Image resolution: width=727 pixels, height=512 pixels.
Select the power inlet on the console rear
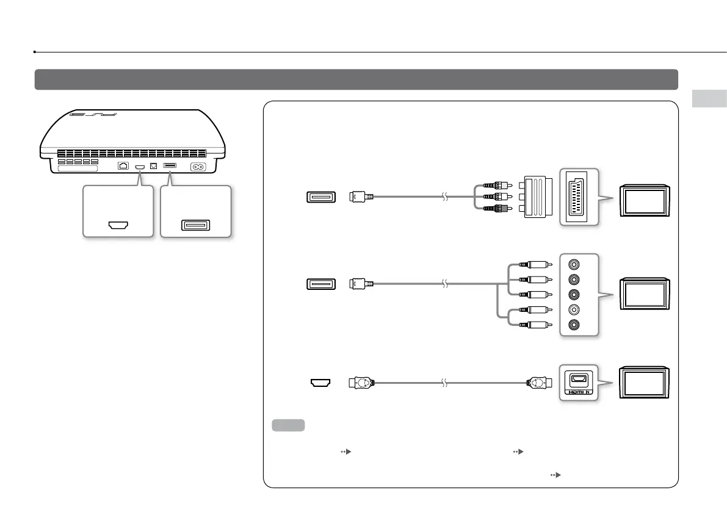pyautogui.click(x=199, y=167)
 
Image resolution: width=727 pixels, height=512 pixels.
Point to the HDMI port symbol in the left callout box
pyautogui.click(x=117, y=225)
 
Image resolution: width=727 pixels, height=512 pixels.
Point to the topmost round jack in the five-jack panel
pyautogui.click(x=574, y=265)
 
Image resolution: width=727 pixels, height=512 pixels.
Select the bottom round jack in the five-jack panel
pyautogui.click(x=574, y=325)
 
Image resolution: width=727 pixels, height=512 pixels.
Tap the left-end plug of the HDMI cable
pyautogui.click(x=360, y=383)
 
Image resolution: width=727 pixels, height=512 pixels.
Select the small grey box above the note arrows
pyautogui.click(x=288, y=425)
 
